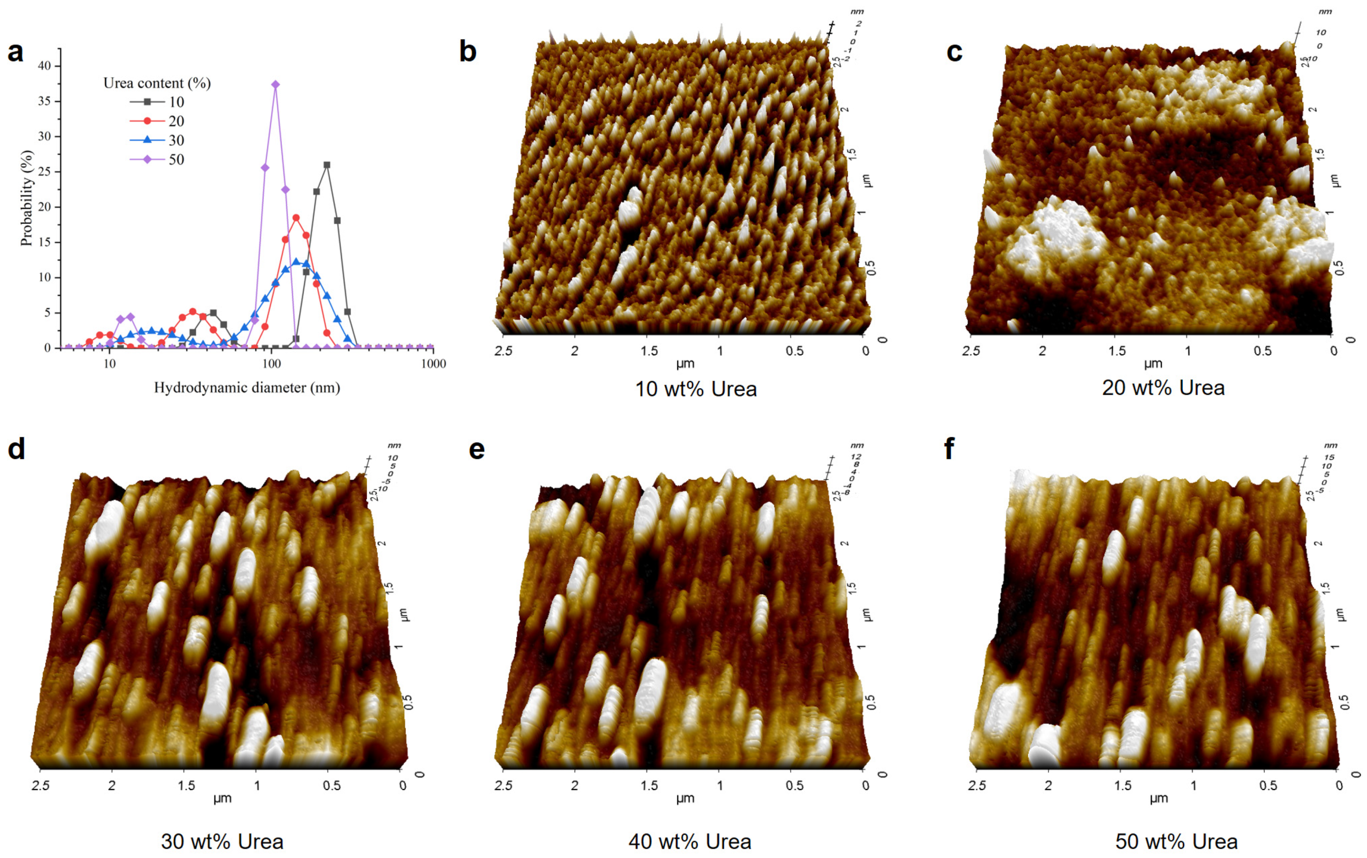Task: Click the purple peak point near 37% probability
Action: click(276, 84)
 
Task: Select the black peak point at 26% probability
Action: click(327, 165)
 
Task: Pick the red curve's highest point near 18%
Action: click(296, 218)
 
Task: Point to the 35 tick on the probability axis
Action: click(44, 101)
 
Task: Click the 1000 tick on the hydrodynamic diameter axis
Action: click(434, 363)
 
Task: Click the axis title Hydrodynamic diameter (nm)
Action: click(247, 388)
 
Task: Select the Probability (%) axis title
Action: click(26, 198)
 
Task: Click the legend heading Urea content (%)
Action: click(157, 83)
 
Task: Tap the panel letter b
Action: click(467, 52)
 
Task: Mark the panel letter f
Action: click(949, 448)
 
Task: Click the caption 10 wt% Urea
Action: click(696, 389)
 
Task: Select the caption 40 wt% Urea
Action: click(689, 841)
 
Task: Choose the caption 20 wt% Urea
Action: click(1163, 388)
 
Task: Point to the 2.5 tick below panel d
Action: click(40, 785)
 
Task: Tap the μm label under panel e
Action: click(685, 799)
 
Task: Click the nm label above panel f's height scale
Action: click(1330, 446)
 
